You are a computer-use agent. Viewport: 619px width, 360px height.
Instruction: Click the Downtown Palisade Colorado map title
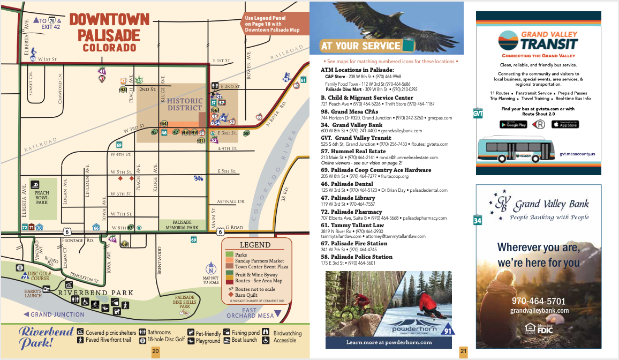[109, 33]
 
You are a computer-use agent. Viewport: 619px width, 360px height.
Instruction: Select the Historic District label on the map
[185, 104]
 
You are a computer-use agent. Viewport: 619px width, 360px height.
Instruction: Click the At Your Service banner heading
[361, 46]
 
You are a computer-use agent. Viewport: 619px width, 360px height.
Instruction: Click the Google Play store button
[513, 124]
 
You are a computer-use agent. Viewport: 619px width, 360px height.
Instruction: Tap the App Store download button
[565, 124]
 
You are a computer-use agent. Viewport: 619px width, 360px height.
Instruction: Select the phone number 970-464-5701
[539, 301]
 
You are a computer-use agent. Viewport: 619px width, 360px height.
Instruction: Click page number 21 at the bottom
[463, 351]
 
